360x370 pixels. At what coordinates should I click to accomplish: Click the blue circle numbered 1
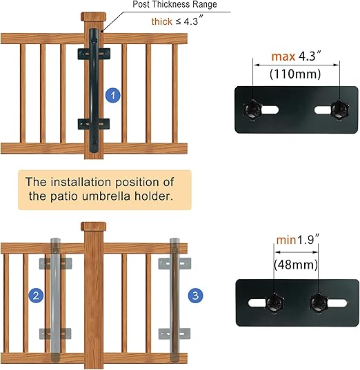(113, 95)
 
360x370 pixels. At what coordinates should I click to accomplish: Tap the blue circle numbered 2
(36, 296)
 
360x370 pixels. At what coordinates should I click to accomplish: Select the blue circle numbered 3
(196, 296)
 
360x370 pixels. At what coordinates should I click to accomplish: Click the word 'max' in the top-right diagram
(283, 56)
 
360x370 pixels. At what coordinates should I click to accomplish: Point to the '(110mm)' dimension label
(295, 74)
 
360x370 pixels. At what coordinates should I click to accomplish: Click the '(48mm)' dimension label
(296, 265)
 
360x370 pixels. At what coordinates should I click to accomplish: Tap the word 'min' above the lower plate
(286, 240)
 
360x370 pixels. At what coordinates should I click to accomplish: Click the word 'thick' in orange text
(162, 21)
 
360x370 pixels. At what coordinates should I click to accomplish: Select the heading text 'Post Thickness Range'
(174, 4)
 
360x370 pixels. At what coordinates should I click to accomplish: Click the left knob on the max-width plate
(252, 110)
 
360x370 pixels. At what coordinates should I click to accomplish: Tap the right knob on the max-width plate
(339, 110)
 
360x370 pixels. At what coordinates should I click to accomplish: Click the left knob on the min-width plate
(274, 302)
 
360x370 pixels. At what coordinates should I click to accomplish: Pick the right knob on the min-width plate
(319, 302)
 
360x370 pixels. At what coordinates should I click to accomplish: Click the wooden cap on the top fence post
(94, 17)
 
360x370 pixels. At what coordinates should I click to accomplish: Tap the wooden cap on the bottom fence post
(94, 226)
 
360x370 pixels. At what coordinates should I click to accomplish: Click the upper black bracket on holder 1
(94, 54)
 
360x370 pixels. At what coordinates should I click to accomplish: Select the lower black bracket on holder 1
(94, 124)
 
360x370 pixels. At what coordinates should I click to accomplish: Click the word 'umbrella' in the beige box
(106, 196)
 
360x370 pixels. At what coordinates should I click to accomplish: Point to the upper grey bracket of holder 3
(174, 263)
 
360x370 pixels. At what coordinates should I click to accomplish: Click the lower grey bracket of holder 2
(55, 333)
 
